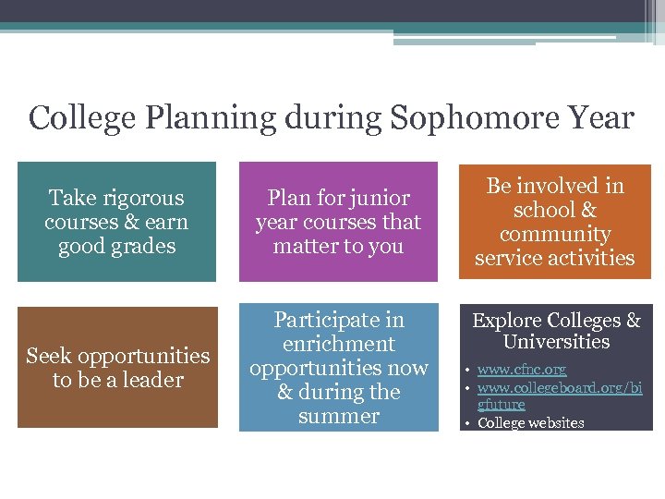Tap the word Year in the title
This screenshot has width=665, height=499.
[x=602, y=118]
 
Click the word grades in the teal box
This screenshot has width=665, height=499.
[x=142, y=246]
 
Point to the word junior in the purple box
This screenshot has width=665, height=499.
[x=377, y=198]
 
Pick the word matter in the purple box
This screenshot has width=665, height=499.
[x=304, y=246]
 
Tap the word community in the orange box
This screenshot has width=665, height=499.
[x=555, y=234]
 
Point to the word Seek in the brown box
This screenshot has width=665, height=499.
[x=46, y=356]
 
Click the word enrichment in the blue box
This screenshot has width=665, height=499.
[x=338, y=344]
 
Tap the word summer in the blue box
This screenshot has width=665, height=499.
[x=338, y=416]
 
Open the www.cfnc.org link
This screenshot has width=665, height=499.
[x=522, y=370]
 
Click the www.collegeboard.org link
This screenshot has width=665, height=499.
[x=560, y=388]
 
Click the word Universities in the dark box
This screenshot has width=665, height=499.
[x=556, y=342]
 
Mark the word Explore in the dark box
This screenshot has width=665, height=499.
[x=507, y=321]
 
